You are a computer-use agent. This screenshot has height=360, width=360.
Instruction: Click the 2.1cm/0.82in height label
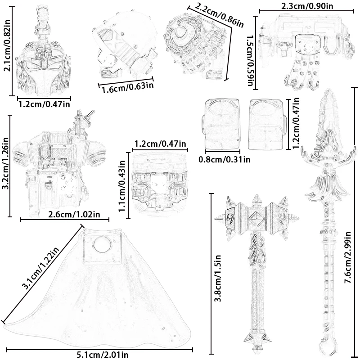pyautogui.click(x=6, y=53)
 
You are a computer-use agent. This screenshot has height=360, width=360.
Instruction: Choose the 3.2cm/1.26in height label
pyautogui.click(x=6, y=165)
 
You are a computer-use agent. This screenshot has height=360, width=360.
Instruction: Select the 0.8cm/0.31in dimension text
pyautogui.click(x=224, y=158)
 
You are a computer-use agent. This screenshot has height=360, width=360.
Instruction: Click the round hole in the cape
pyautogui.click(x=102, y=245)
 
